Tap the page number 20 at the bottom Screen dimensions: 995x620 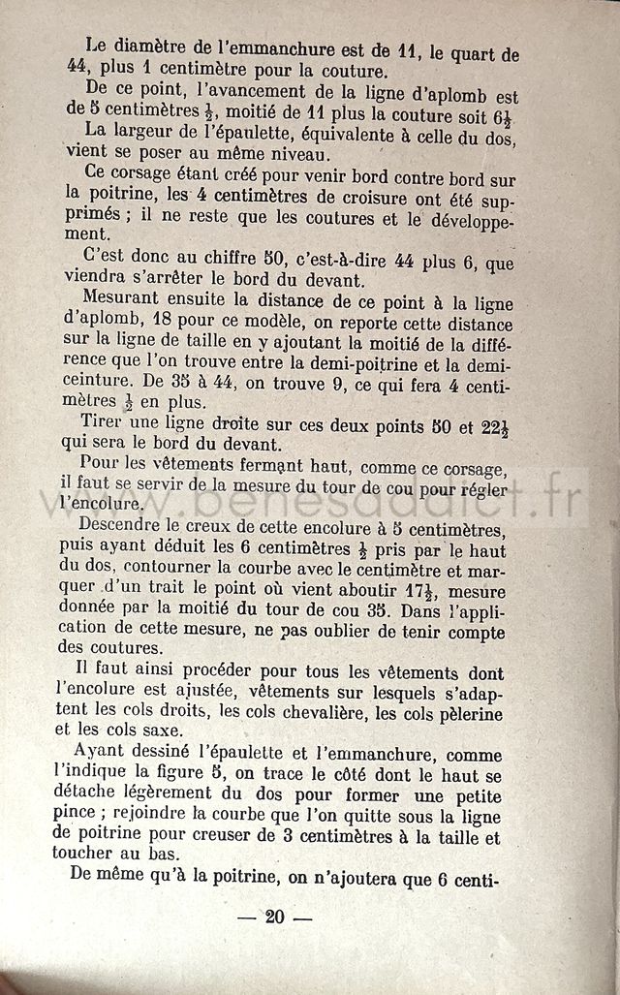tap(275, 917)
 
